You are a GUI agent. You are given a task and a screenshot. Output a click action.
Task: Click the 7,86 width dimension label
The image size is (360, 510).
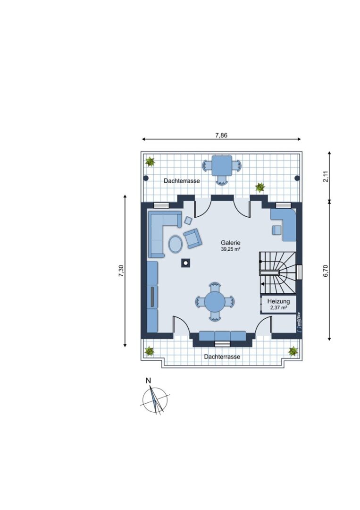click(221, 136)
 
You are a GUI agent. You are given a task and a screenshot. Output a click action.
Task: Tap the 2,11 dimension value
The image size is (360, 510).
click(326, 176)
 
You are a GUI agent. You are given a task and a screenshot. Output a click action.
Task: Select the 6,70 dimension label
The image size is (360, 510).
click(326, 271)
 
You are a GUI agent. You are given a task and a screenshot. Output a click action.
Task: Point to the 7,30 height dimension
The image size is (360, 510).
click(121, 271)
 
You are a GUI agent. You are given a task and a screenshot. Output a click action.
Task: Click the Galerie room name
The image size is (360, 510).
click(230, 243)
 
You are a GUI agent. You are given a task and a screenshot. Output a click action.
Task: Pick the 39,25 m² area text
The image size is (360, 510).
click(230, 249)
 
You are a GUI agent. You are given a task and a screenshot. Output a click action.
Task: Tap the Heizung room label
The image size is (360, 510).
click(278, 301)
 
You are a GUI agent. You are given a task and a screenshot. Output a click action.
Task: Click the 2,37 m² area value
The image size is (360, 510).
click(278, 307)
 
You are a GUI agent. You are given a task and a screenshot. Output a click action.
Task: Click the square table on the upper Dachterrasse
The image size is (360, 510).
click(222, 166)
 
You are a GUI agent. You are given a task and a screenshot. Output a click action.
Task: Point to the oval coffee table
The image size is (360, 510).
click(175, 244)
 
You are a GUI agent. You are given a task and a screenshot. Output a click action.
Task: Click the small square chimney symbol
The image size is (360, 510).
click(186, 263)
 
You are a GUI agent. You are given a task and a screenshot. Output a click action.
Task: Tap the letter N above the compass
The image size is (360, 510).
click(149, 380)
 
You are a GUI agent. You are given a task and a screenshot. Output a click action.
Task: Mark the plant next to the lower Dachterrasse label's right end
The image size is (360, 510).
click(293, 351)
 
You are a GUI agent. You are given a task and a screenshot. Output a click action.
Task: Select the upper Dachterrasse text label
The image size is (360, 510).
click(182, 181)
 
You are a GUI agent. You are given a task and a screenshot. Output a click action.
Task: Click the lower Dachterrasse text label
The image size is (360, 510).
click(222, 357)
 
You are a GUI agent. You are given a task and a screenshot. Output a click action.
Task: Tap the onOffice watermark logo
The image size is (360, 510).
click(299, 322)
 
